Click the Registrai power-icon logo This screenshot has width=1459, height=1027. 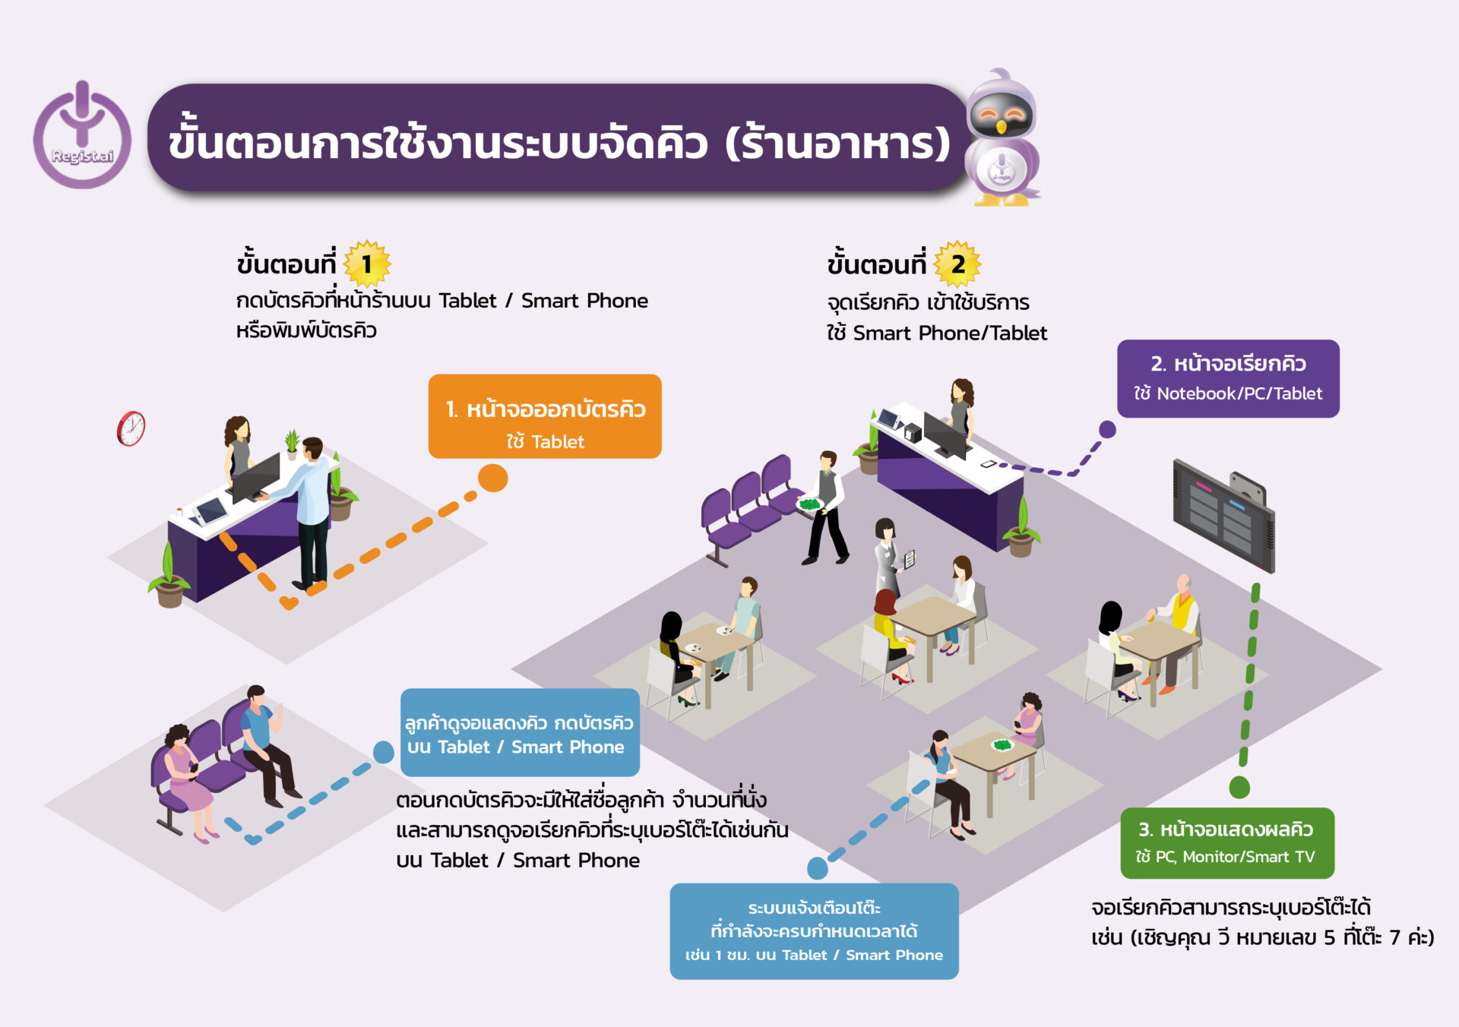82,137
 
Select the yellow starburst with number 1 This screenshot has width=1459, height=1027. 367,264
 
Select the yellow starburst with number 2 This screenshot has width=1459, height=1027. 957,264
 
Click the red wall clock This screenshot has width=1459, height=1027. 131,428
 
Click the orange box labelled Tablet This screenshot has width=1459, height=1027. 545,416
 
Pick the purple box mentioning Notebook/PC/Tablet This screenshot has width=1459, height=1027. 1227,378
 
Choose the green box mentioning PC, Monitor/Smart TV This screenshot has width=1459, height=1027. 1226,842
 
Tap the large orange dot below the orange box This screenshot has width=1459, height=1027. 492,479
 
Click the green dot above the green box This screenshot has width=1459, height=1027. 1239,787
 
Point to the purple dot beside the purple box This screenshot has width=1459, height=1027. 1107,429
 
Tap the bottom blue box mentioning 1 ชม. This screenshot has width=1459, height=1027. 814,931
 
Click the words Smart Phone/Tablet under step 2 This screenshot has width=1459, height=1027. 950,333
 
